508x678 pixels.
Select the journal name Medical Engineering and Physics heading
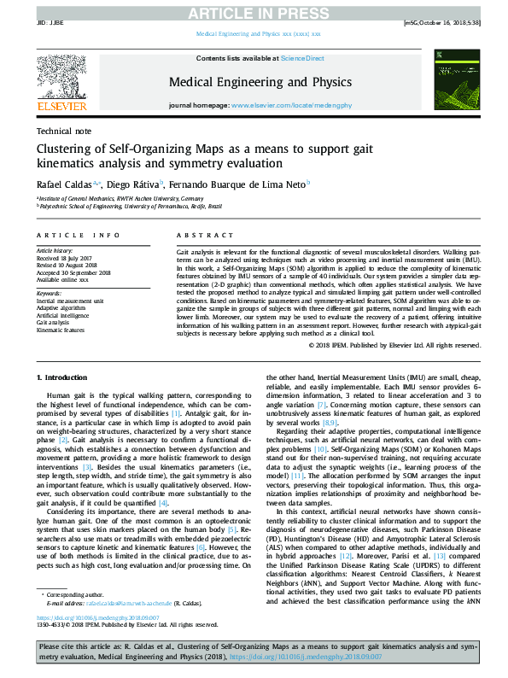point(260,82)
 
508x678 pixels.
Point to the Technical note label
point(64,131)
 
